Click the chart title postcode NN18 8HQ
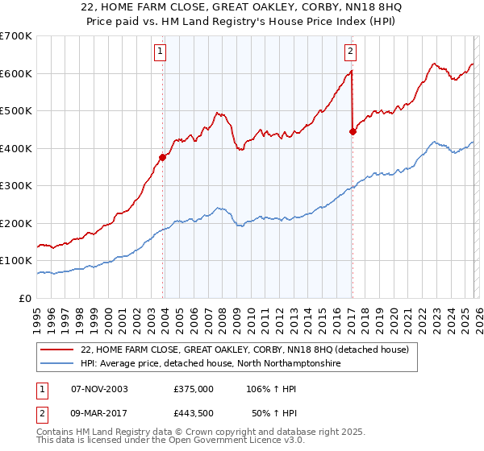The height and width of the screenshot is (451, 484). click(347, 7)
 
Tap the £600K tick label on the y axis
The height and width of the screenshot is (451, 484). click(15, 73)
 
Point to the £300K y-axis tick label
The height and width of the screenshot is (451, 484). click(15, 186)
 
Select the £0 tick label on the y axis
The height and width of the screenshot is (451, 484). click(25, 298)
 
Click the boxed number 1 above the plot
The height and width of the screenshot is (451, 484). click(161, 52)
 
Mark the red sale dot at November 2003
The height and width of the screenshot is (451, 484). click(163, 158)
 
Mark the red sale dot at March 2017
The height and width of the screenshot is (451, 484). click(353, 132)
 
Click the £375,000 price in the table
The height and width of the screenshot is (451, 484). click(194, 388)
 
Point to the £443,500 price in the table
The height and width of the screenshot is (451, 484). click(194, 412)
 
